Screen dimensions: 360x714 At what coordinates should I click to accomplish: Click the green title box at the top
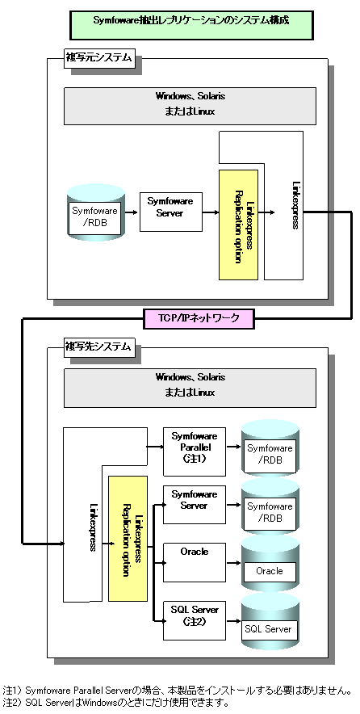point(191,24)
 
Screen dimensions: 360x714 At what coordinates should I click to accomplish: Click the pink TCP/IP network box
point(199,318)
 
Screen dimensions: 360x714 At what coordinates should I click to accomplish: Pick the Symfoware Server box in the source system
point(170,212)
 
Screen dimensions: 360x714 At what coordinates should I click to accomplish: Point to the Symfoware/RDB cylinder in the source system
point(95,212)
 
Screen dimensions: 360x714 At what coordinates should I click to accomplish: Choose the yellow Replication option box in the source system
point(238,225)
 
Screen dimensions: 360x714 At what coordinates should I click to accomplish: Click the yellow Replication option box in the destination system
point(128,539)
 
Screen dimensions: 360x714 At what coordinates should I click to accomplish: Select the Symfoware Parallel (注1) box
point(195,451)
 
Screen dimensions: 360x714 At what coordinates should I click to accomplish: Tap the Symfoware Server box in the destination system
point(195,505)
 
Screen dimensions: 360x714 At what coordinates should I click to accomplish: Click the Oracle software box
point(195,562)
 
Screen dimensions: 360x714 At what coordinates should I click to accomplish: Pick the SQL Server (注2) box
point(195,620)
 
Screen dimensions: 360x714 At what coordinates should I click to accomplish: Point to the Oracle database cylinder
point(270,563)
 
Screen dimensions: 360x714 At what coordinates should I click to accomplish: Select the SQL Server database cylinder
point(270,621)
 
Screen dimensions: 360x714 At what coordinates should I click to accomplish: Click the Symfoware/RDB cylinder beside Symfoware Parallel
point(270,448)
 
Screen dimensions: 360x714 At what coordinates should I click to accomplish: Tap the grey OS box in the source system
point(190,106)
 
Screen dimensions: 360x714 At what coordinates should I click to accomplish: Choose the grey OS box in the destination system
point(190,388)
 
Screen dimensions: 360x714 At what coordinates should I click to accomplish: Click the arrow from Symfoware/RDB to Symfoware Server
point(131,212)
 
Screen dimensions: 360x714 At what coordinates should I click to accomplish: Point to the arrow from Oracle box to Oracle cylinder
point(233,563)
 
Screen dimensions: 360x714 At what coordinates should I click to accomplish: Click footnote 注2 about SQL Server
point(115,703)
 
